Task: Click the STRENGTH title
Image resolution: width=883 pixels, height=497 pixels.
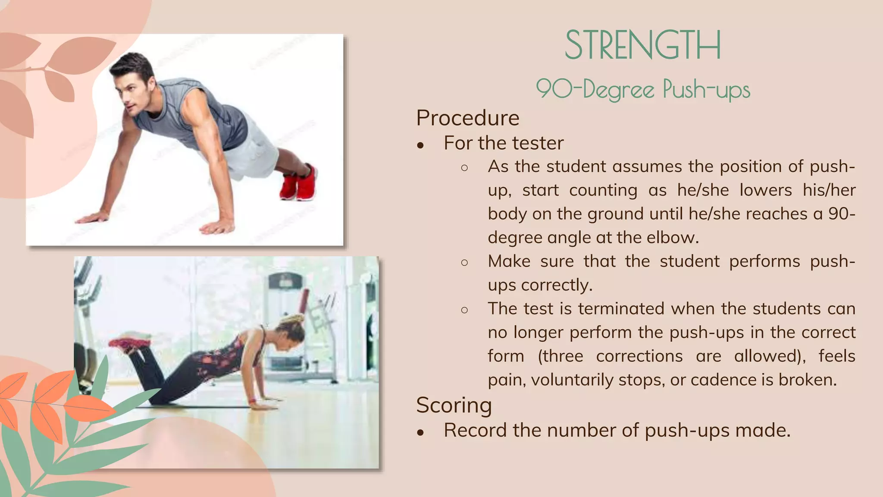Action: click(x=642, y=45)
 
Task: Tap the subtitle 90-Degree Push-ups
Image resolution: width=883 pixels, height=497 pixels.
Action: click(x=643, y=89)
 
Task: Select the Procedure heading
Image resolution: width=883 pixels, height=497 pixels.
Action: click(x=468, y=118)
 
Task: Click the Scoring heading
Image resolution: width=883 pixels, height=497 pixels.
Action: click(x=454, y=405)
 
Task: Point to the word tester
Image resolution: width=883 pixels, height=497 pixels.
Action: click(x=538, y=143)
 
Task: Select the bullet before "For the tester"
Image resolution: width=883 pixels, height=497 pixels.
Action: click(x=421, y=145)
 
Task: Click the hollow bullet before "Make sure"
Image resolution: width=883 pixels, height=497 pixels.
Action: click(x=464, y=262)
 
